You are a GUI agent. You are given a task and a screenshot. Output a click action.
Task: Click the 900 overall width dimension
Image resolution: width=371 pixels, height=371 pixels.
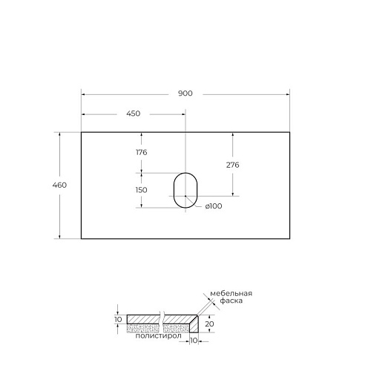(x=185, y=93)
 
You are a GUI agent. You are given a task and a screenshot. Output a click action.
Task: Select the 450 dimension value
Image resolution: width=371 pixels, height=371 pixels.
(x=134, y=114)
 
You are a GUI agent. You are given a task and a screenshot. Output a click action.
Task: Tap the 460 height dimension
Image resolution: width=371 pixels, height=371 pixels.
(x=59, y=185)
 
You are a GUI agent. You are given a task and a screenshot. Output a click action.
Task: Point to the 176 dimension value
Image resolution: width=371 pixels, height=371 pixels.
(x=142, y=152)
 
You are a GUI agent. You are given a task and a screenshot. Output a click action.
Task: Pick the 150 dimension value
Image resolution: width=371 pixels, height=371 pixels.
(x=141, y=190)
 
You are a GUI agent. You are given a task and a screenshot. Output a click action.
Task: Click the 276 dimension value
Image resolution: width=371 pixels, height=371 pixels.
(x=233, y=165)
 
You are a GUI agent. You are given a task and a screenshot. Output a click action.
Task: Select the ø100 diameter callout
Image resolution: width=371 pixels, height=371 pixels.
(x=214, y=206)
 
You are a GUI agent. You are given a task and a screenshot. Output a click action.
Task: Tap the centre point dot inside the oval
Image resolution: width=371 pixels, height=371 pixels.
(x=185, y=196)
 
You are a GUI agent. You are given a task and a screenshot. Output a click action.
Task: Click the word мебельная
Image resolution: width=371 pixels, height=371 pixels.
(x=232, y=294)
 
